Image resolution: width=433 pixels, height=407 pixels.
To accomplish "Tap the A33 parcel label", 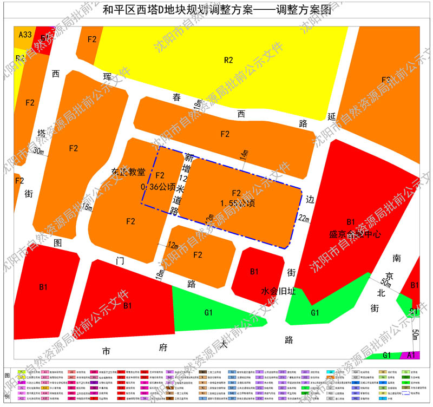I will point(25,35).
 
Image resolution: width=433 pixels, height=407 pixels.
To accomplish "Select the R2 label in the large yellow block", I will point(228,60).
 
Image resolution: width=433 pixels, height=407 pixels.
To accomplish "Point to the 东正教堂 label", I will point(128,172).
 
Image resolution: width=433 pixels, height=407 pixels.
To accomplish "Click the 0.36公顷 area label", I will point(158,187).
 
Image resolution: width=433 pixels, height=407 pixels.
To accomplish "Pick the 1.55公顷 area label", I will point(236,203).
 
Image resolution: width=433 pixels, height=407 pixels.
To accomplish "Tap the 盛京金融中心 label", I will point(355,235).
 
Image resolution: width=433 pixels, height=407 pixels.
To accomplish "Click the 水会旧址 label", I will point(278,291).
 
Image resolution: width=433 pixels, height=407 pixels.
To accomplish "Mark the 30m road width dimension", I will point(38,152).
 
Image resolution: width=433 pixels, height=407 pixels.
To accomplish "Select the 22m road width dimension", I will point(304,218).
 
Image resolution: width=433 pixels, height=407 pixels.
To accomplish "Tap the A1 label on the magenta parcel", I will point(411,355).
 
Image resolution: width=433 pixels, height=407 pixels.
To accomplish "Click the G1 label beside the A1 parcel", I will point(387,355).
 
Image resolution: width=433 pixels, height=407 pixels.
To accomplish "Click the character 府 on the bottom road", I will point(162,347).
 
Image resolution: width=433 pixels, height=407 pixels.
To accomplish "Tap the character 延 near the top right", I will point(332,116).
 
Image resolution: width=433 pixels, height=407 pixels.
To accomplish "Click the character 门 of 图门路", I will point(120,261).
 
